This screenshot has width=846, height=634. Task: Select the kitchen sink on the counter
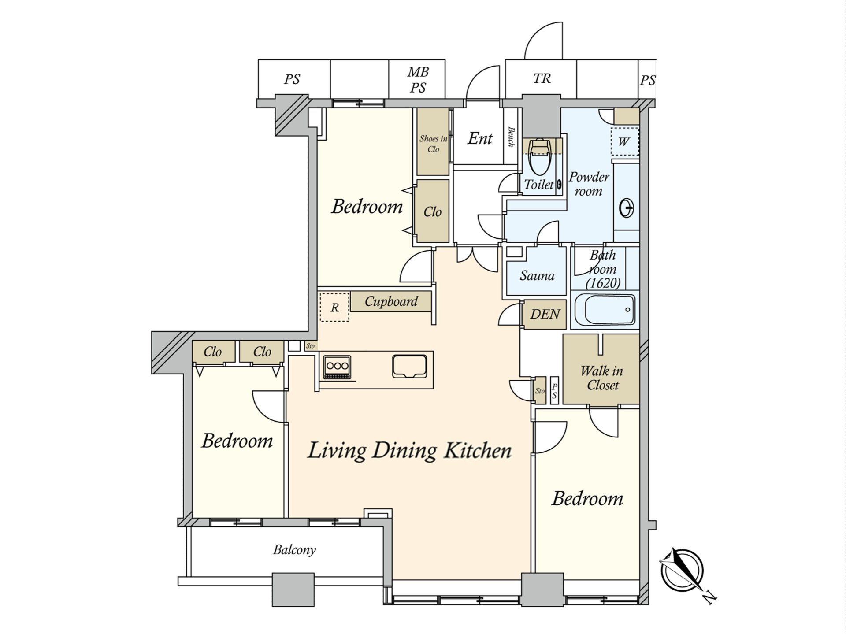[410, 367]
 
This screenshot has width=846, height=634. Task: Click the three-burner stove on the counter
[337, 367]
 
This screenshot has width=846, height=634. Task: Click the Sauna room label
[537, 276]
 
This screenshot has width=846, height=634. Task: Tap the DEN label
[545, 314]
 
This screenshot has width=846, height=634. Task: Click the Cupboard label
[391, 301]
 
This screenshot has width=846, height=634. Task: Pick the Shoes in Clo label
[433, 144]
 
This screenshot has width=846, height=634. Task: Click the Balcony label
[294, 550]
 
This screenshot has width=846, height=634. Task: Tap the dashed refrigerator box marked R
[334, 307]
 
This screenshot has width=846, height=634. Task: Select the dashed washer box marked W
[624, 141]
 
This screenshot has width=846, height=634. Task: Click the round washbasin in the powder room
[627, 208]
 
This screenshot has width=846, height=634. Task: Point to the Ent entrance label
[480, 138]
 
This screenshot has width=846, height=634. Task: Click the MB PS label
[418, 80]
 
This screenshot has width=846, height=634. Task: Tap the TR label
[542, 78]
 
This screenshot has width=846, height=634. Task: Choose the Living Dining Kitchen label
[409, 450]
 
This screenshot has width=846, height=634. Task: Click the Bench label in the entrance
[511, 137]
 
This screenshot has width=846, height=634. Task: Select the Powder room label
[589, 184]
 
